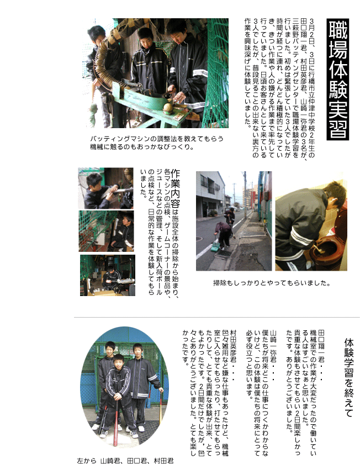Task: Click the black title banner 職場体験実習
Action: coord(338,80)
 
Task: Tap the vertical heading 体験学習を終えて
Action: coord(349,377)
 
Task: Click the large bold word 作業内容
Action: coord(175,188)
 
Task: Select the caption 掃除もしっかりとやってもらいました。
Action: coord(272,283)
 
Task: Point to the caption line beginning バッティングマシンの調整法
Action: coord(157,139)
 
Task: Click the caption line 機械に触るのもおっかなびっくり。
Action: coord(142,147)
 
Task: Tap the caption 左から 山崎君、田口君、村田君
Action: coord(125,461)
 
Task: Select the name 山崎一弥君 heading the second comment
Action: coord(273,346)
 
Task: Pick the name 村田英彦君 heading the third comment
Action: coord(233,346)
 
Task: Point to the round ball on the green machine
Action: coord(168,108)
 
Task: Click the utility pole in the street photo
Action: coord(245,196)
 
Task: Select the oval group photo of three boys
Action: coord(125,387)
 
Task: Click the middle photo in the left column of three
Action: coord(106,231)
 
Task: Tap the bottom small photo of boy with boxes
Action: coord(108,275)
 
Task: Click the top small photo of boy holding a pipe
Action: coord(105,188)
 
